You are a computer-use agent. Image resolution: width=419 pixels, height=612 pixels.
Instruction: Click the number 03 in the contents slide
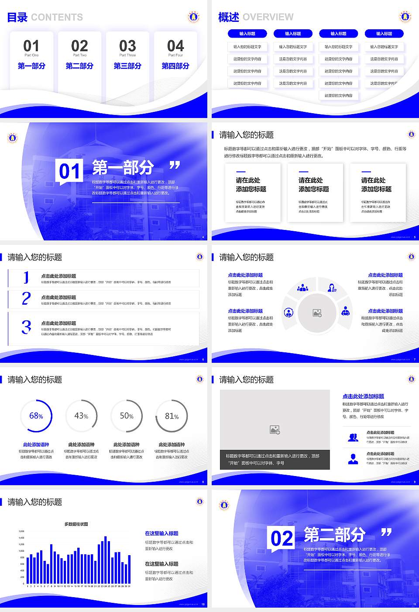tap(127, 46)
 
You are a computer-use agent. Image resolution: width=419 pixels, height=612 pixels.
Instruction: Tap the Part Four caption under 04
tap(175, 56)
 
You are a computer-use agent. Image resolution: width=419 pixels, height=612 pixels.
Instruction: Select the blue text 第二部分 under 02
tap(79, 66)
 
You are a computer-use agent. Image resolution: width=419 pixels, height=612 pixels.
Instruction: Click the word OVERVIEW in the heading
tap(268, 17)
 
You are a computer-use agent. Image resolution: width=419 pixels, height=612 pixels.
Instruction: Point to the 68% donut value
tap(36, 416)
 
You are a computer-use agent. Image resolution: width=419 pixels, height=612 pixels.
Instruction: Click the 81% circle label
tap(172, 416)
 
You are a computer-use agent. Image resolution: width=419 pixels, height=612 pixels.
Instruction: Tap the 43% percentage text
tap(81, 416)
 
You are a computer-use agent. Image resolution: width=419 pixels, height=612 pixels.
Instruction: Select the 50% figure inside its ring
tap(127, 416)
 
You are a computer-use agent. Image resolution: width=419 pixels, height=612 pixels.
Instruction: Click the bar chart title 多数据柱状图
tap(76, 524)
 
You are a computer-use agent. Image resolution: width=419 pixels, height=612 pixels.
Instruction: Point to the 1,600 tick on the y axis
tap(21, 532)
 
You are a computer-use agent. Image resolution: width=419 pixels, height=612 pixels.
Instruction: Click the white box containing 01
tap(69, 171)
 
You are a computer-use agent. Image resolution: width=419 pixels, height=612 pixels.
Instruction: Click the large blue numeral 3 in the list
tap(26, 327)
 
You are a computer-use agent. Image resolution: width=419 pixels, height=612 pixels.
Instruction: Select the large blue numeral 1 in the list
tap(26, 277)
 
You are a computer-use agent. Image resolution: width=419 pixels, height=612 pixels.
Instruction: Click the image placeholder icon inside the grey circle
tap(317, 313)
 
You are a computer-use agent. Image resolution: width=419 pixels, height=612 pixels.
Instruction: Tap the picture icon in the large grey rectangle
tap(275, 430)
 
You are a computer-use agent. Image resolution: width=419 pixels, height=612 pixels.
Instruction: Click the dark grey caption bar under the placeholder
tap(275, 459)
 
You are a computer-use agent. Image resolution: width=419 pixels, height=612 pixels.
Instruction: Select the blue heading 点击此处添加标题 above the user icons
tap(363, 396)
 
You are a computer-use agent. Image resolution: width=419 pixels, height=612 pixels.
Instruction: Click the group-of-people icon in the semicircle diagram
tap(302, 288)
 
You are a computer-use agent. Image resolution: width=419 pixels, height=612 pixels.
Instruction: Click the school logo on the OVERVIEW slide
tap(405, 17)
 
